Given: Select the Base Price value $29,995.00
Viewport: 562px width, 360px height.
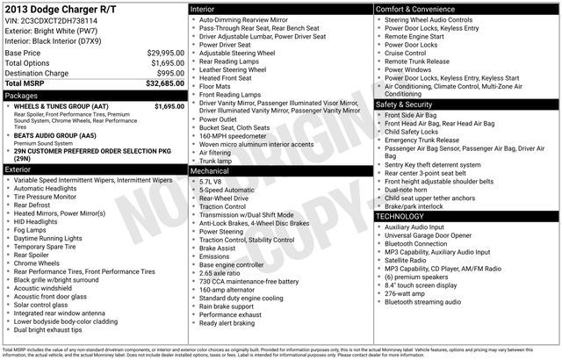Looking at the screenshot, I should [164, 54].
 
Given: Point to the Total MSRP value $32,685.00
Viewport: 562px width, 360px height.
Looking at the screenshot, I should [163, 83].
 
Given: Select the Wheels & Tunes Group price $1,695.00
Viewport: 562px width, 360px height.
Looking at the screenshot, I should [166, 106].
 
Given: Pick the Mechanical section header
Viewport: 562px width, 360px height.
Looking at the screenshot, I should [210, 171].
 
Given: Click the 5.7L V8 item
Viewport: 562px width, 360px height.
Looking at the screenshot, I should [213, 181].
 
